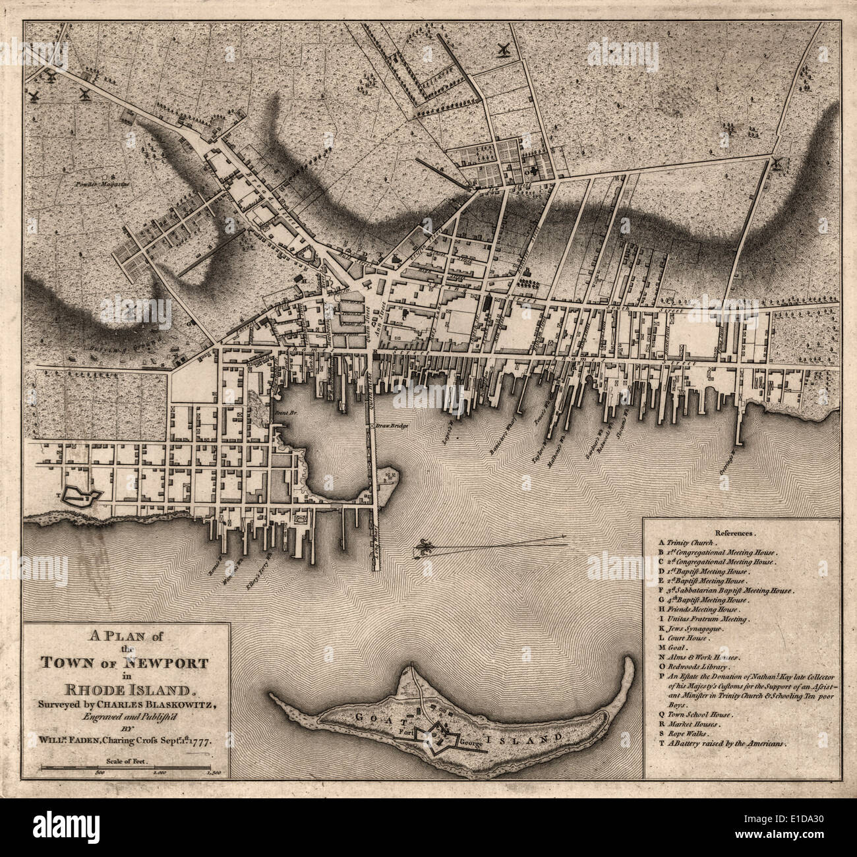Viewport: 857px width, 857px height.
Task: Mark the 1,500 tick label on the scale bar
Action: pos(212,771)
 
